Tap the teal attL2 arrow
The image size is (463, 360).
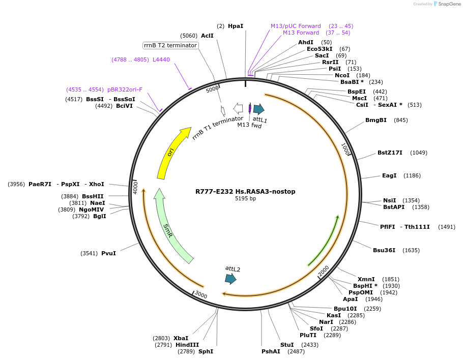pyautogui.click(x=230, y=278)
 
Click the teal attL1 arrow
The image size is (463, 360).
pyautogui.click(x=258, y=109)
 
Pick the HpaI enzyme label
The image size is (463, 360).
pyautogui.click(x=236, y=26)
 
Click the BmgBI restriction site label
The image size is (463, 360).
pyautogui.click(x=376, y=120)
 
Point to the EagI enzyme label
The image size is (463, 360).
pyautogui.click(x=389, y=175)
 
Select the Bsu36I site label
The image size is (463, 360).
pyautogui.click(x=384, y=250)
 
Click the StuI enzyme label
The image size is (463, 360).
pyautogui.click(x=287, y=345)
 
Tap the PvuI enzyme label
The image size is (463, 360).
pyautogui.click(x=108, y=253)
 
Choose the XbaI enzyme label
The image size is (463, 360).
pyautogui.click(x=181, y=338)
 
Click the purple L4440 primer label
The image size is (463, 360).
pyautogui.click(x=161, y=59)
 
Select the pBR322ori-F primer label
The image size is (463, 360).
pyautogui.click(x=125, y=89)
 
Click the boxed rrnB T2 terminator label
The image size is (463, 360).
pyautogui.click(x=170, y=45)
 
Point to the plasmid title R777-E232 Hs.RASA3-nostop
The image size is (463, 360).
pyautogui.click(x=245, y=192)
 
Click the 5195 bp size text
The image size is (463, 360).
pyautogui.click(x=245, y=199)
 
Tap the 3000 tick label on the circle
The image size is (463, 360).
pyautogui.click(x=201, y=295)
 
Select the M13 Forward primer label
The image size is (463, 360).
pyautogui.click(x=301, y=33)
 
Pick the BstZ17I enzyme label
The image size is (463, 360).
pyautogui.click(x=390, y=153)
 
